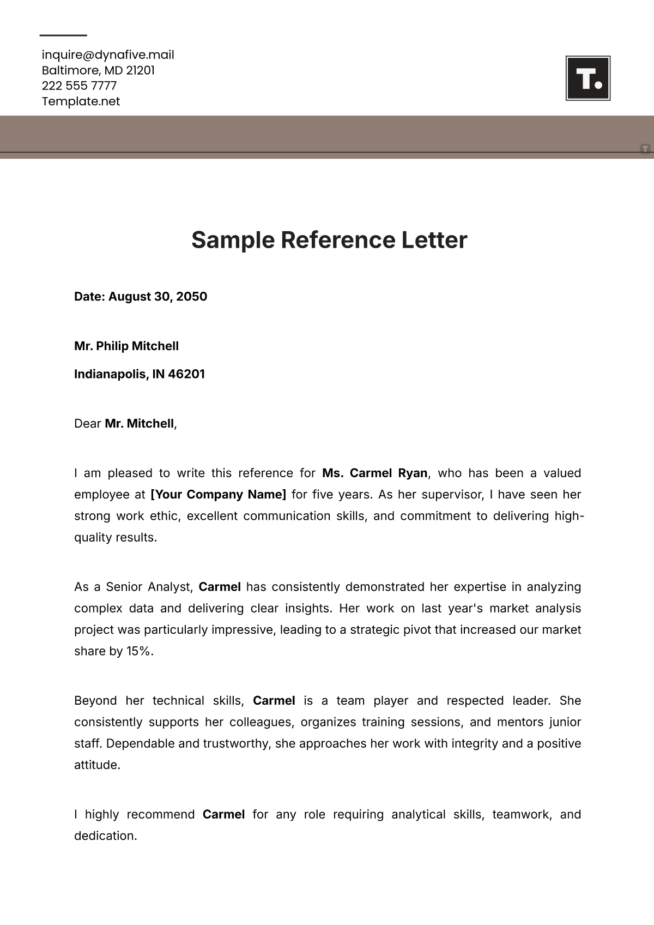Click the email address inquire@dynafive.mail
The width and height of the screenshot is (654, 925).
tap(108, 55)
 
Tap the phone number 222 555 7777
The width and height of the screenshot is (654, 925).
tap(79, 86)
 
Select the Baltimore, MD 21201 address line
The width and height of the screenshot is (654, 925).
tap(98, 70)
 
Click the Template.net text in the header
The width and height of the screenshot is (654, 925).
tap(81, 101)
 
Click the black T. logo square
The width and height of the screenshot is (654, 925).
tap(588, 79)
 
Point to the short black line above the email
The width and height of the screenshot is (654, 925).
tap(63, 35)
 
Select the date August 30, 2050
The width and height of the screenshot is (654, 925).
tap(158, 297)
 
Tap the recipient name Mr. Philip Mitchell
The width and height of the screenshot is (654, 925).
tap(126, 346)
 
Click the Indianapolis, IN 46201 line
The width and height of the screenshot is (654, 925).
tap(140, 374)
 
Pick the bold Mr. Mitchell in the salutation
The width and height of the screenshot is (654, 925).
tap(140, 424)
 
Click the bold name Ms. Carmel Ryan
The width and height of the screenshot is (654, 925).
tap(375, 473)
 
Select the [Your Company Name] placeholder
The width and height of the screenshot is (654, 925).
tap(218, 495)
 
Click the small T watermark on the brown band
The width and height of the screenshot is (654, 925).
tap(645, 148)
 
